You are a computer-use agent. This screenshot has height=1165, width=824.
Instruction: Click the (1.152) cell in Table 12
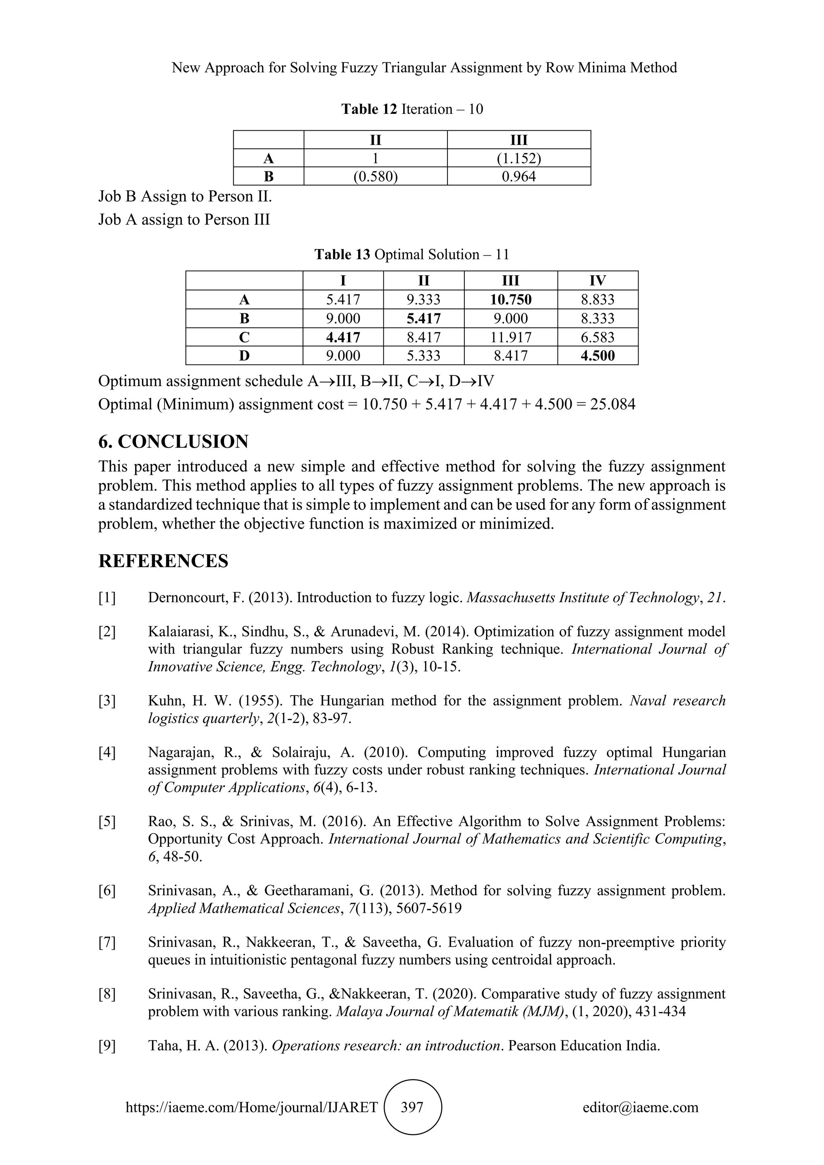[x=519, y=158]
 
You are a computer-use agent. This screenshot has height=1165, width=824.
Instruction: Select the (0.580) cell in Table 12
[x=375, y=177]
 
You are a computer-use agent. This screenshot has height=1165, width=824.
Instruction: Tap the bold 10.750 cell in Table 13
[x=511, y=299]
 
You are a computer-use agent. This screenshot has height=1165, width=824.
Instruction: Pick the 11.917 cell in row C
[x=511, y=338]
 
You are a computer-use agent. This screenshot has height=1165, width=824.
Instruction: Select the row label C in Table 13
[x=244, y=338]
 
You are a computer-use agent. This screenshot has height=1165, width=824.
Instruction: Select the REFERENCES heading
[x=163, y=561]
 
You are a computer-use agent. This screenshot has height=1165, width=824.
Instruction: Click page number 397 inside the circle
[x=412, y=1107]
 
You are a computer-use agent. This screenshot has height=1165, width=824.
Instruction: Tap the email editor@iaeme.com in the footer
[x=640, y=1107]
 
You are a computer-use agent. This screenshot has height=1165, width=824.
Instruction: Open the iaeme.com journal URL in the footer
[x=251, y=1107]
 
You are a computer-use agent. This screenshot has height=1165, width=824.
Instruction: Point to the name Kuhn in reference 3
[x=165, y=701]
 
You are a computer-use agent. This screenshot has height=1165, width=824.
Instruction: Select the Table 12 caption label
[x=369, y=109]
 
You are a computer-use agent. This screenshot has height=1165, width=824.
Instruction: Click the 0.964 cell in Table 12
[x=519, y=177]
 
